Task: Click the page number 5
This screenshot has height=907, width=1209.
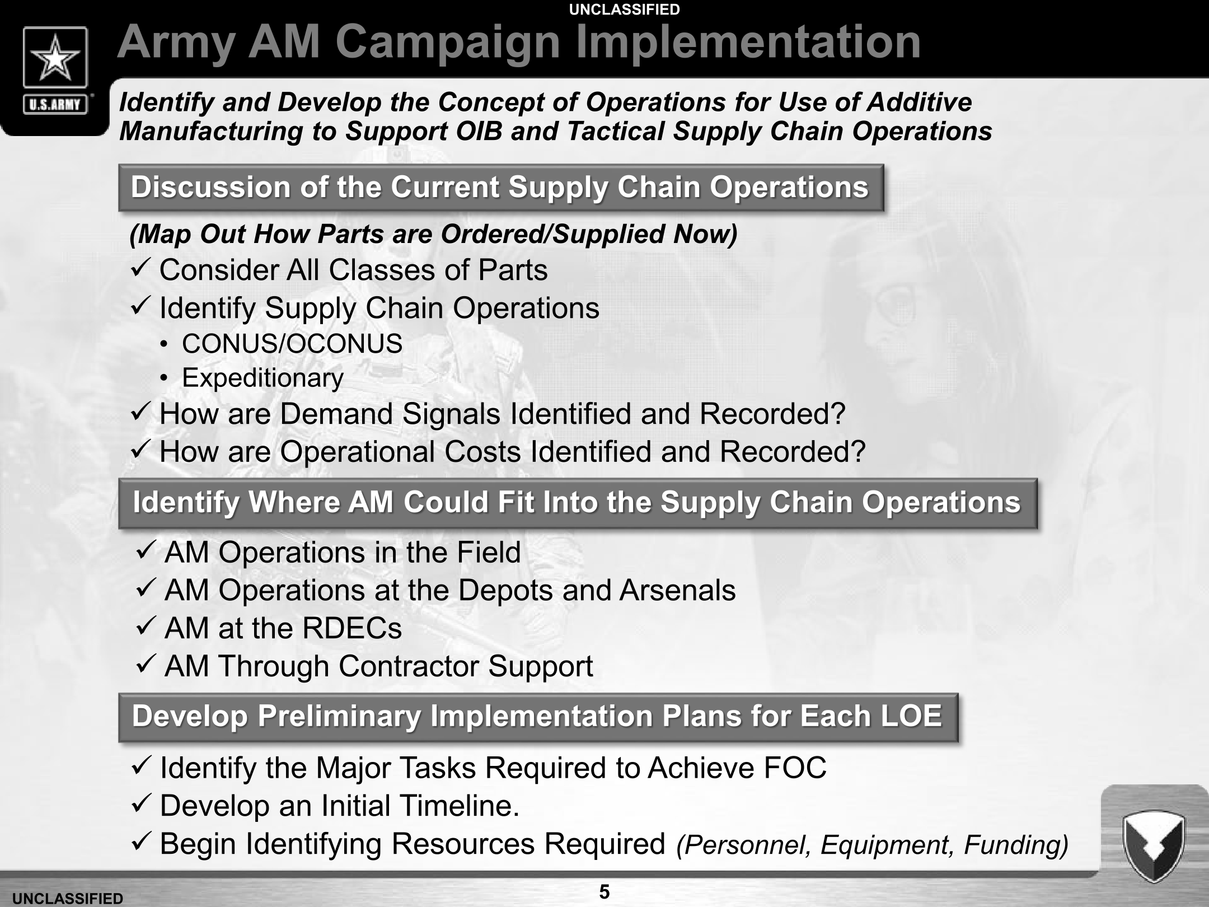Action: point(604,891)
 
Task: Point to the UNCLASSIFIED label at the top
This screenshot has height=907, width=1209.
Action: point(624,10)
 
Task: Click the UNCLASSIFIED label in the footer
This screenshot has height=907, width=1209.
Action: point(67,899)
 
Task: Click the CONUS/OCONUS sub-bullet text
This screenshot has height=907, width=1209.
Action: point(292,343)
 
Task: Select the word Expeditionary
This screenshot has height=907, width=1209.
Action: point(263,378)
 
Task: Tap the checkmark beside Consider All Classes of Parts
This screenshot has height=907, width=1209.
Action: point(139,269)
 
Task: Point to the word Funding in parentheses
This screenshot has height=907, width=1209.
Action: point(1015,845)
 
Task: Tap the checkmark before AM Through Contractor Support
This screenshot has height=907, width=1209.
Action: point(145,665)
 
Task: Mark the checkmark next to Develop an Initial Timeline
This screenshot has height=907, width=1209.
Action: point(140,805)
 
